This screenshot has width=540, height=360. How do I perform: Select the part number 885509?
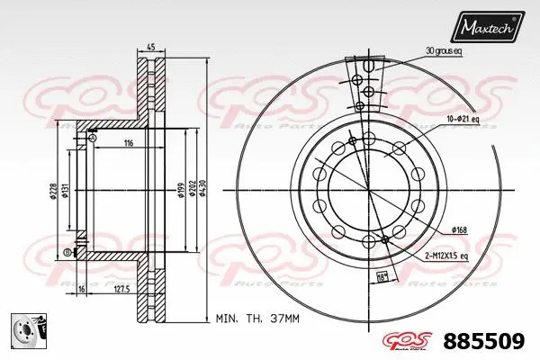(x=490, y=342)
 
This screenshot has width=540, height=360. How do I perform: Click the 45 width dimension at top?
(x=151, y=48)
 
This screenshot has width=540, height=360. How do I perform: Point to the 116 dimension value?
(x=129, y=144)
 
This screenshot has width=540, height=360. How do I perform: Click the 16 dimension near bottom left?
(x=81, y=290)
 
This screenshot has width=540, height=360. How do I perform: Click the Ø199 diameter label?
(x=180, y=189)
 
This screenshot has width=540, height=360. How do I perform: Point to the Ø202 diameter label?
(x=193, y=189)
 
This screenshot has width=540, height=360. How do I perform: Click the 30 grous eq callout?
(x=444, y=51)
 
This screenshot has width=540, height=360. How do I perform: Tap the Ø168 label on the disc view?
(x=459, y=230)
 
